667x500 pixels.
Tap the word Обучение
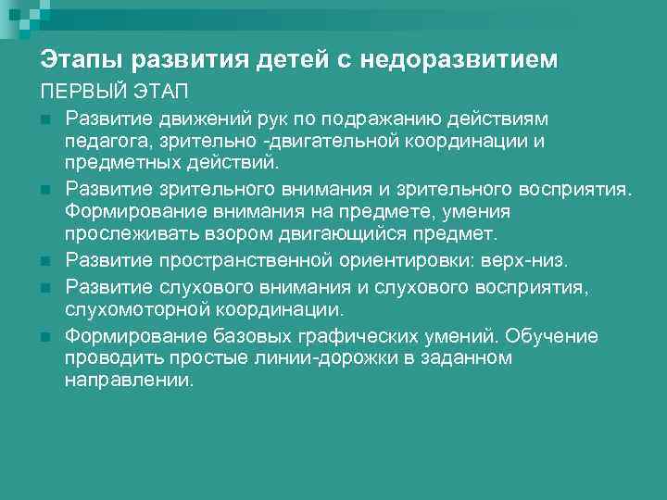coord(554,335)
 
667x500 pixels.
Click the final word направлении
coord(129,380)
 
